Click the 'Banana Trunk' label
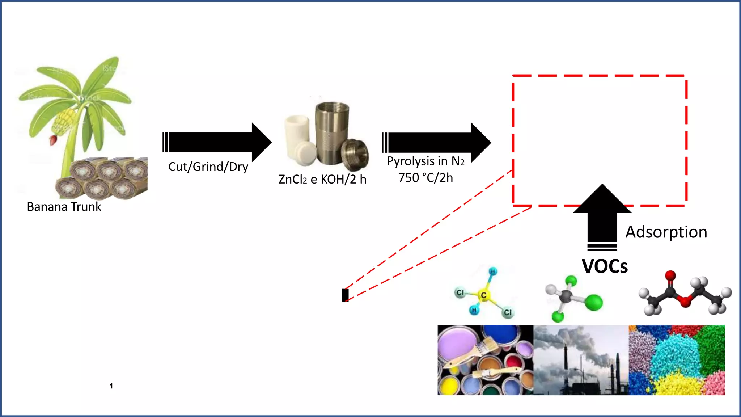(64, 207)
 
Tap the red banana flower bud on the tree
(53, 140)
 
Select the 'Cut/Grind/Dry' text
(208, 167)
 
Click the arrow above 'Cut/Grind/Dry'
(217, 142)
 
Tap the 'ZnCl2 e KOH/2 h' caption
(322, 179)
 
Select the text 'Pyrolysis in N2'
(425, 161)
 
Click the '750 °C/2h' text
(425, 178)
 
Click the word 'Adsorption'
(666, 232)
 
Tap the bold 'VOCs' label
(605, 266)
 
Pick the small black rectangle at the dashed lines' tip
(345, 295)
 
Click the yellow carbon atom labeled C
(483, 295)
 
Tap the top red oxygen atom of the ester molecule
(670, 275)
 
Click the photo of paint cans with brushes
(485, 360)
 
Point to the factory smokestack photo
(581, 360)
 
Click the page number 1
(111, 386)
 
